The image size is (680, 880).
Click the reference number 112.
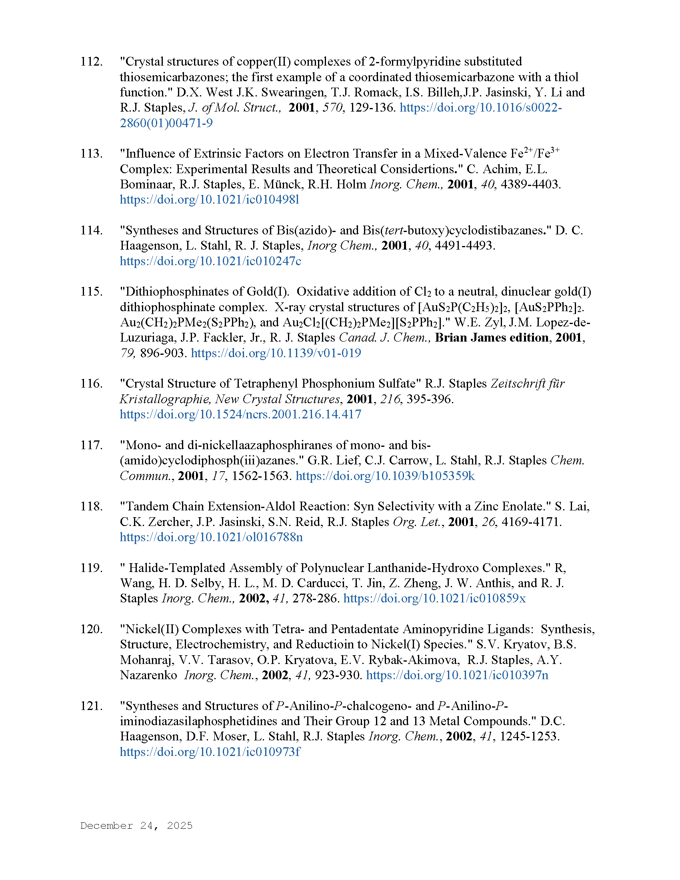[91, 62]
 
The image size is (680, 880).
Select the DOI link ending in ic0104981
[210, 200]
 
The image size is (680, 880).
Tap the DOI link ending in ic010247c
[210, 261]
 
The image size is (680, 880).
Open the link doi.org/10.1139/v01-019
[276, 353]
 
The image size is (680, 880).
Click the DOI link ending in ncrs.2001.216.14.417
[240, 414]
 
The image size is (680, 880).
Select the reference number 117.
[91, 445]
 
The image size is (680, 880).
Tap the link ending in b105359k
[385, 476]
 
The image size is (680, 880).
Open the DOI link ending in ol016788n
[211, 537]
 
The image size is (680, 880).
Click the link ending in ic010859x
[434, 598]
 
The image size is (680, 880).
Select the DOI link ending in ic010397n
[457, 675]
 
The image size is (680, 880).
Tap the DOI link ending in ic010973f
[210, 752]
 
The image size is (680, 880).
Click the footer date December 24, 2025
[136, 826]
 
